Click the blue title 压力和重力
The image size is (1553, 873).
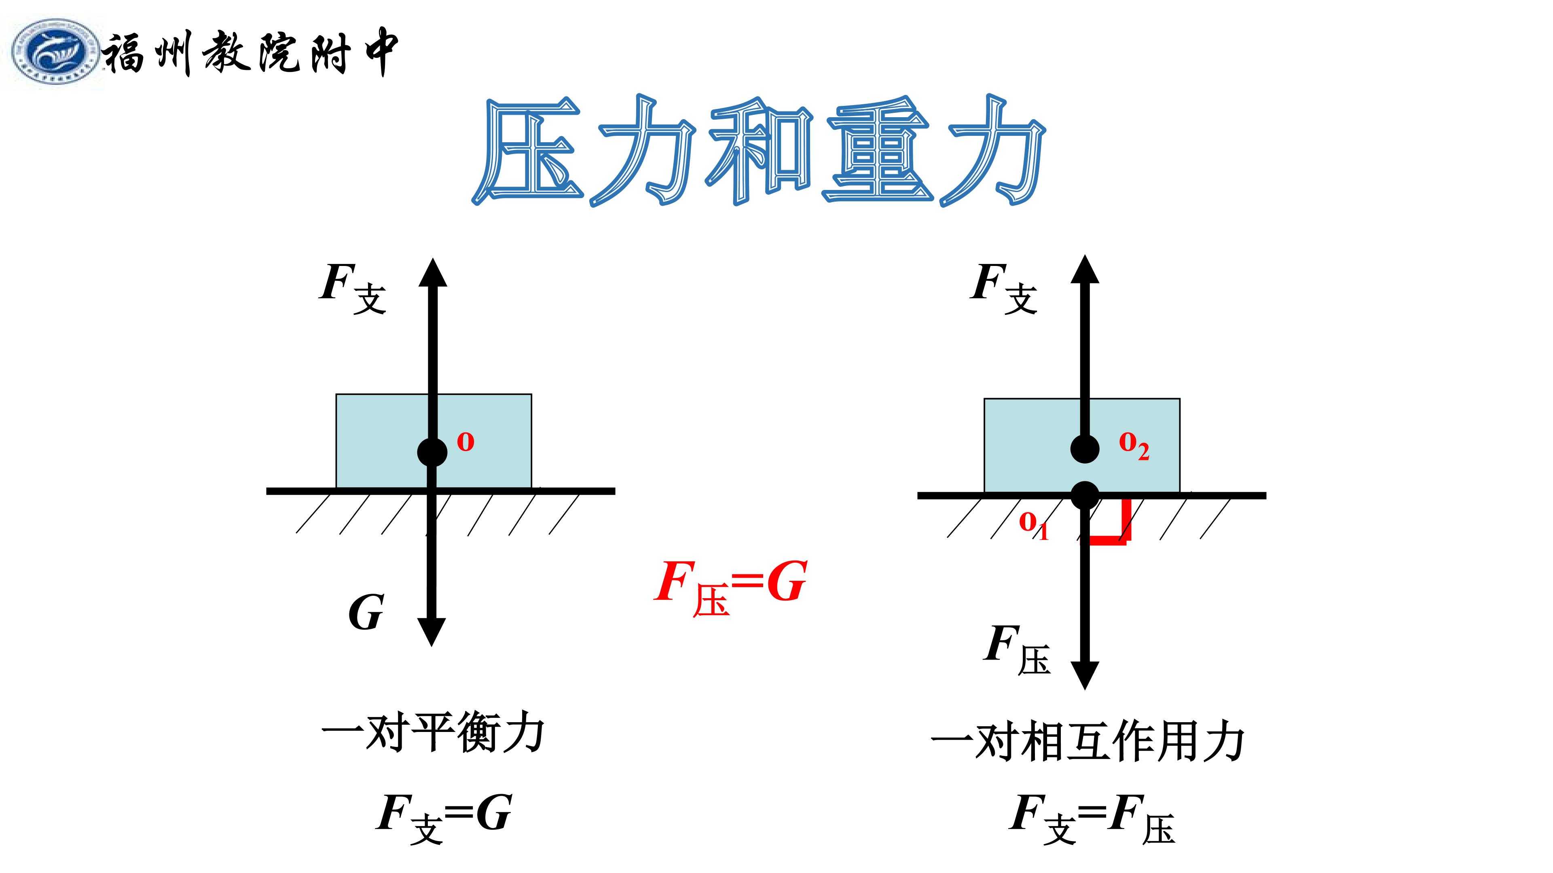[758, 151]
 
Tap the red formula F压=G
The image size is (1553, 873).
[731, 587]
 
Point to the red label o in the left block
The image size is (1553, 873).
[465, 442]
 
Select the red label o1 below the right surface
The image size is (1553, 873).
[1033, 525]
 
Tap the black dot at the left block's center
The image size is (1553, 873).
[432, 452]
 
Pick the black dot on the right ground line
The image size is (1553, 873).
[1085, 496]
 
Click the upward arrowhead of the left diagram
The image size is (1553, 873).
[433, 272]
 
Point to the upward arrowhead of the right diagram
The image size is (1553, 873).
[1085, 269]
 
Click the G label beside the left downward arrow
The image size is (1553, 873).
[366, 612]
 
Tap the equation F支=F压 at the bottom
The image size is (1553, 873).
[1092, 818]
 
